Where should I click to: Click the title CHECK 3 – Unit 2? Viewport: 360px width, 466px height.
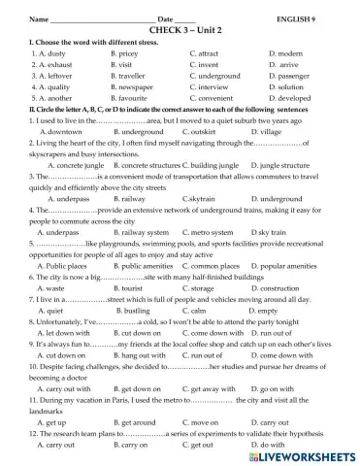[180, 30]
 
